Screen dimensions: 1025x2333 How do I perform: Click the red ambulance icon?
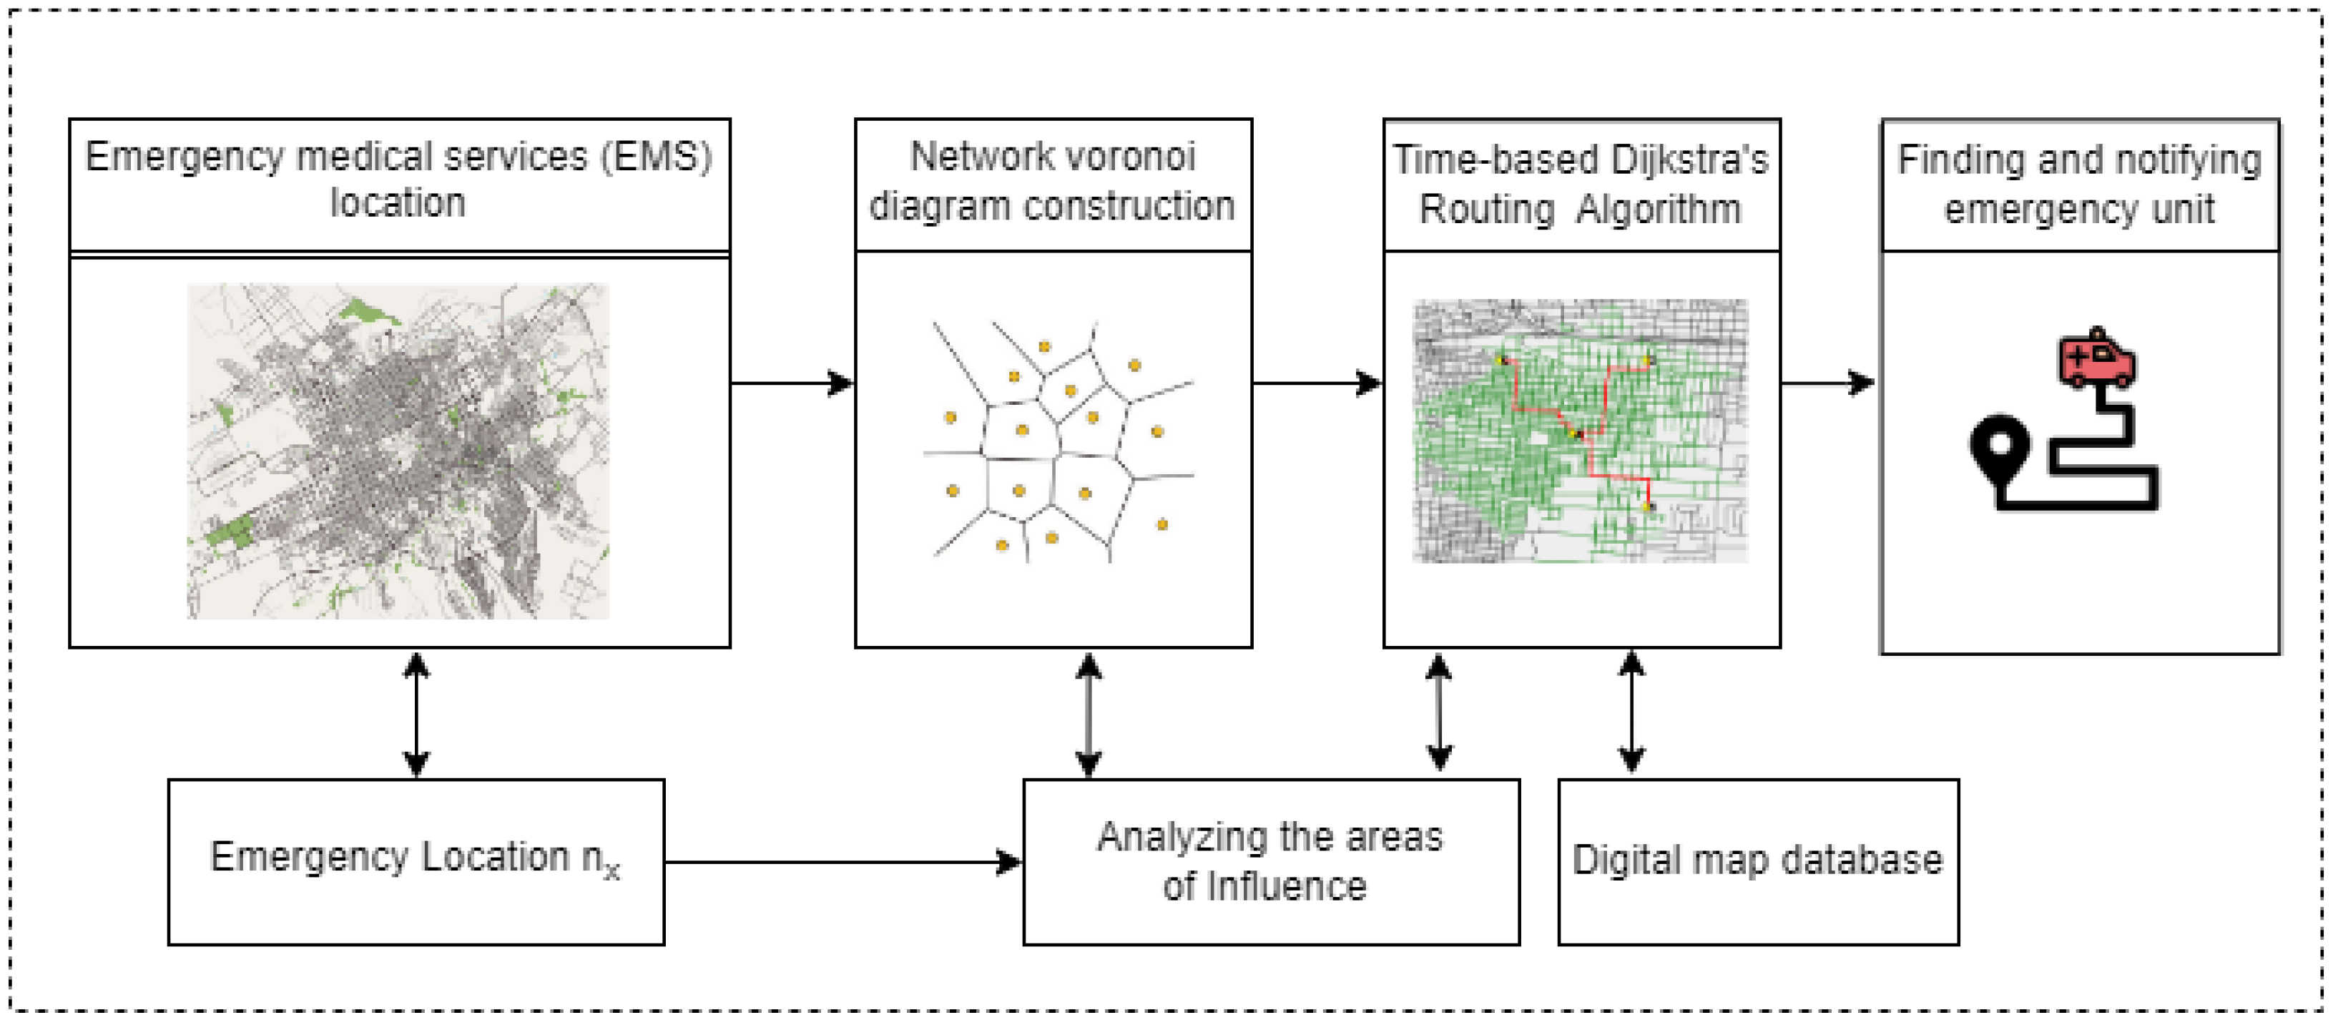[x=2096, y=361]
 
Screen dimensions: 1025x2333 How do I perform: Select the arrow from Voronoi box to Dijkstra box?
[x=1317, y=383]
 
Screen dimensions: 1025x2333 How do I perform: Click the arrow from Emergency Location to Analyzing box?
[x=843, y=862]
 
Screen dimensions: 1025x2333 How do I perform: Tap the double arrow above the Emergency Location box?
[x=416, y=715]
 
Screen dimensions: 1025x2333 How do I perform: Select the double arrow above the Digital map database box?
[x=1631, y=712]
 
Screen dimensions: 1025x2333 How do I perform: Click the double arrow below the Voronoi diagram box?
[x=1088, y=715]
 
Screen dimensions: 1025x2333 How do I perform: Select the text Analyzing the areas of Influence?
[x=1269, y=860]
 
